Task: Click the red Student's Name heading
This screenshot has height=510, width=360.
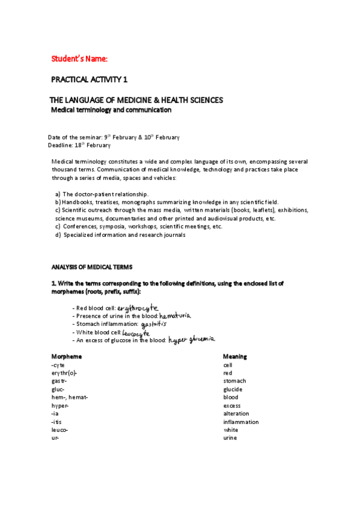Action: (x=79, y=58)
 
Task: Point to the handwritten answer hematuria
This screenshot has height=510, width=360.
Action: (x=175, y=315)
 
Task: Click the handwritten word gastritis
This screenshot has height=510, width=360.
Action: (x=153, y=324)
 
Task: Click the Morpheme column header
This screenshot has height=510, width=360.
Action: (x=66, y=357)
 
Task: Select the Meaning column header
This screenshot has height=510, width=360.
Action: (x=235, y=357)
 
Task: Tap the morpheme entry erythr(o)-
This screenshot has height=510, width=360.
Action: (x=64, y=373)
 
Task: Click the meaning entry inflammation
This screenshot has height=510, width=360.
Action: (x=241, y=422)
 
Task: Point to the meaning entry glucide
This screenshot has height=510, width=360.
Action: (x=234, y=389)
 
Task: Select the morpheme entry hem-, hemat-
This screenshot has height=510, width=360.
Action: (x=70, y=397)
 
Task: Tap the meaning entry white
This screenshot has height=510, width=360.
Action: (x=231, y=430)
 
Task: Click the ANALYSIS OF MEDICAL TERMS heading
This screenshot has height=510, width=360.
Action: (x=92, y=266)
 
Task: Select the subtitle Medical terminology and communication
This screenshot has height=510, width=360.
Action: (x=111, y=110)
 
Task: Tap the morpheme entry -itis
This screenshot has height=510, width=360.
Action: (x=58, y=422)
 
